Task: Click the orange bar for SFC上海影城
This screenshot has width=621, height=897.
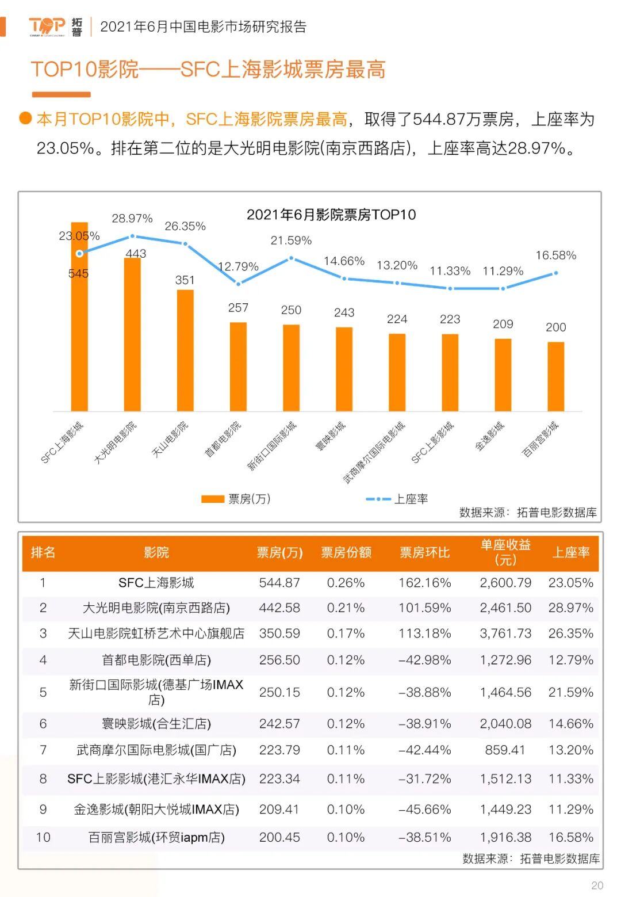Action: pyautogui.click(x=79, y=316)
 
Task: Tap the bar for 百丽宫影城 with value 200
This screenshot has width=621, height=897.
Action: pyautogui.click(x=555, y=376)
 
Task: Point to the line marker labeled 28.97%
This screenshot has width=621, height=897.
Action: pyautogui.click(x=132, y=236)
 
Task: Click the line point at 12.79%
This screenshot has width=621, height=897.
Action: pyautogui.click(x=238, y=283)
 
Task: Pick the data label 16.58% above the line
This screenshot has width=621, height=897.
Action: pyautogui.click(x=555, y=255)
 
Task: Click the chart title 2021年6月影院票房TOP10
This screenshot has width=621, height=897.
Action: pyautogui.click(x=331, y=215)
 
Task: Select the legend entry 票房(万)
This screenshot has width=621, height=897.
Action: pyautogui.click(x=236, y=499)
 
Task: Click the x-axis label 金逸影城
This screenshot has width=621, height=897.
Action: pyautogui.click(x=490, y=436)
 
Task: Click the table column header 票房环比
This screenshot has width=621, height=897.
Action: pyautogui.click(x=424, y=552)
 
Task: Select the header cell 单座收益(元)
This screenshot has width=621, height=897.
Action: pyautogui.click(x=505, y=552)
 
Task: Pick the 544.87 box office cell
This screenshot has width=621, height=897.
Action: pyautogui.click(x=279, y=583)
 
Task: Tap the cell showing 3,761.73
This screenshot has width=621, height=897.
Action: pyautogui.click(x=505, y=633)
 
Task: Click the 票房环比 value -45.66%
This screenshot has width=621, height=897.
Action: pyautogui.click(x=424, y=810)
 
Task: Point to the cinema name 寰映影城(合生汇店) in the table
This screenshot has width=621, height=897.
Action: pyautogui.click(x=156, y=724)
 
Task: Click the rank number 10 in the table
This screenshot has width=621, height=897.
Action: pyautogui.click(x=43, y=837)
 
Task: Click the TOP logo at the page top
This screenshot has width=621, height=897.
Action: pyautogui.click(x=47, y=26)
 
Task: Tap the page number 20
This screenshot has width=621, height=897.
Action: pyautogui.click(x=597, y=885)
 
